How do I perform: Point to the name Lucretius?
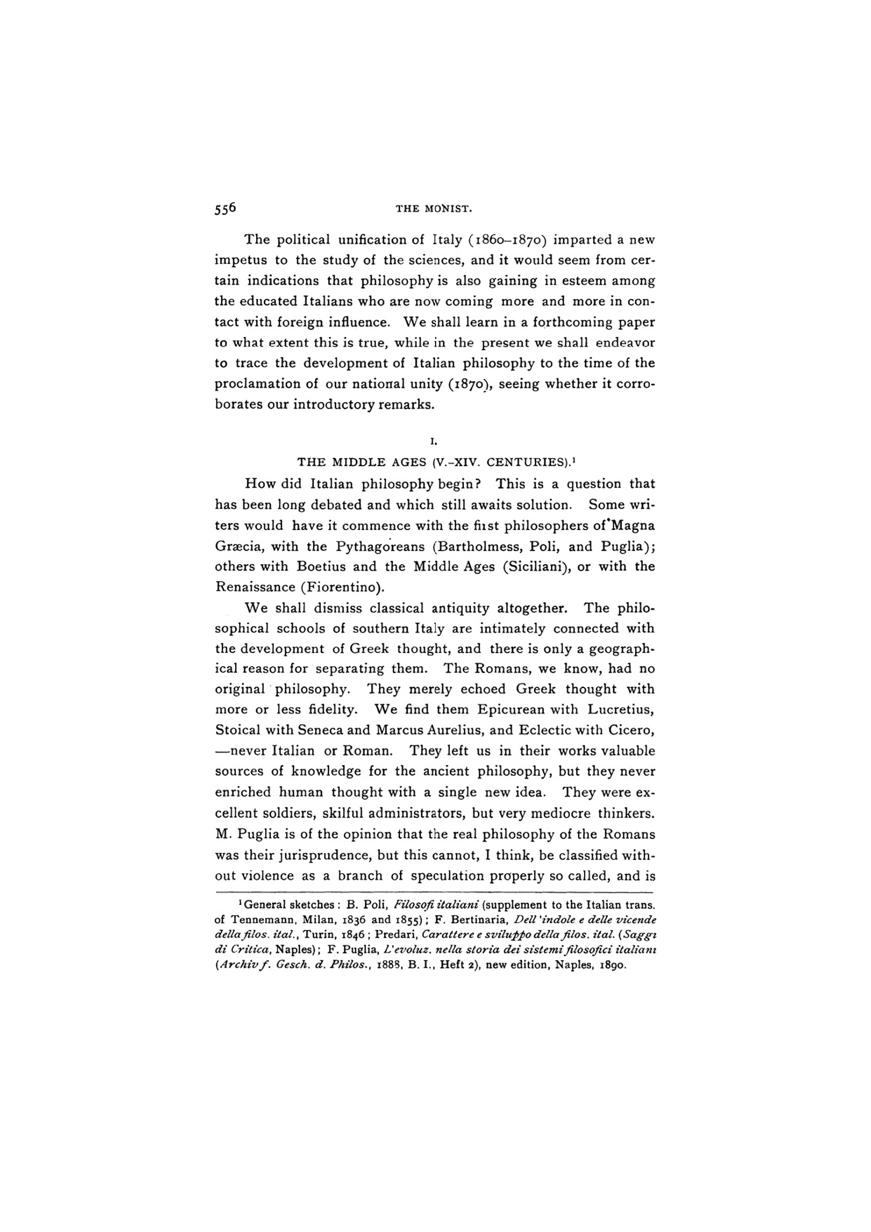click(x=621, y=709)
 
